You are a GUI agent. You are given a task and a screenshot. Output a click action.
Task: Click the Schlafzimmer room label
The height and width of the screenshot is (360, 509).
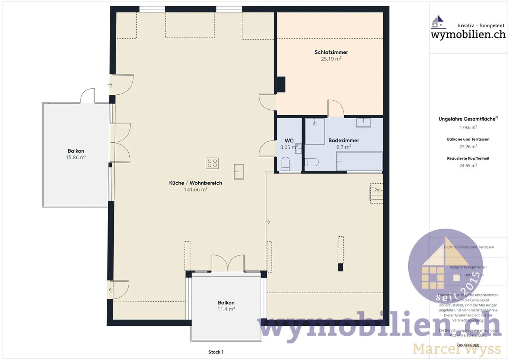(x=331, y=52)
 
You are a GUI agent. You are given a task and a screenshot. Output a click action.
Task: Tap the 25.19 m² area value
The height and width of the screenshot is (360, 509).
(x=331, y=59)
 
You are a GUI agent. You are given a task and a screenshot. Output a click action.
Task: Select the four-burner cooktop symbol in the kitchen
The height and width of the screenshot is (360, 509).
(x=212, y=163)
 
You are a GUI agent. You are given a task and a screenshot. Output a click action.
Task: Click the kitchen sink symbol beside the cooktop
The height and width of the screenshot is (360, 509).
(x=239, y=172)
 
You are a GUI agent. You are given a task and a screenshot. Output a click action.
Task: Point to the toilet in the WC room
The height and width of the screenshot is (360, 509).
(x=286, y=164)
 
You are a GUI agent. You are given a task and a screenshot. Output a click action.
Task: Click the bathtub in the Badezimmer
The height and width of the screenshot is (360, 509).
(x=359, y=161)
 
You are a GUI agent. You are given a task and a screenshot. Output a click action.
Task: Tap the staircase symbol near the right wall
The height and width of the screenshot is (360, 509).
(x=376, y=194)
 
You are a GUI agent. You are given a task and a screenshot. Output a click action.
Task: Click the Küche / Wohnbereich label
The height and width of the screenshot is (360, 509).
(x=195, y=183)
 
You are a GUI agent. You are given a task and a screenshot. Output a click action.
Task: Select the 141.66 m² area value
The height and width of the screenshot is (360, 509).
(x=195, y=190)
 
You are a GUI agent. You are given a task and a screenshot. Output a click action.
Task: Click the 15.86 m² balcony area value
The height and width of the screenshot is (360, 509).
(x=76, y=158)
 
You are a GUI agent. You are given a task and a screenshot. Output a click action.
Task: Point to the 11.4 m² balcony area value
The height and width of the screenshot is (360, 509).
(x=226, y=309)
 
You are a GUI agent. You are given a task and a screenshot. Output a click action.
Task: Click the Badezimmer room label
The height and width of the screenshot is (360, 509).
(x=344, y=140)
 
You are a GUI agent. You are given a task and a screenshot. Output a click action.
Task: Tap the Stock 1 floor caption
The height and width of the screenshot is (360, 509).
(x=216, y=352)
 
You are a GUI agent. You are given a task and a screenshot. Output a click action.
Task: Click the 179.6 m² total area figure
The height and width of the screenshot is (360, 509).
(x=468, y=128)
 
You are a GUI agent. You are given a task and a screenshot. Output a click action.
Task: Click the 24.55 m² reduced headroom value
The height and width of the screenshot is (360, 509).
(x=468, y=165)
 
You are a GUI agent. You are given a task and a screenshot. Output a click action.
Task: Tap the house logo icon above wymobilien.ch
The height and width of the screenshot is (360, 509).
(x=438, y=22)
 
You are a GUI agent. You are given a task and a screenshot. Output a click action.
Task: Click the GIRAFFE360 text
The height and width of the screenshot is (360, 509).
(x=468, y=345)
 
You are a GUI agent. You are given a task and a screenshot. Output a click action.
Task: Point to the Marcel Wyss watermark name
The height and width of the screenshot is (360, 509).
(x=457, y=349)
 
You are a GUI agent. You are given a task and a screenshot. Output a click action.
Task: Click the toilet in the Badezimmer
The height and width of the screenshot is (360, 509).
(x=311, y=162)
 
